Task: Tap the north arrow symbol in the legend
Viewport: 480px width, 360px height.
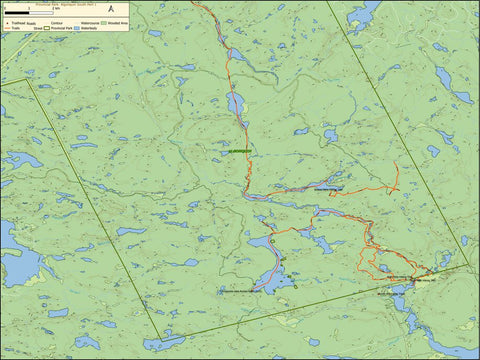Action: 111,12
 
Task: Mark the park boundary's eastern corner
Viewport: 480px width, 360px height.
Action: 467,265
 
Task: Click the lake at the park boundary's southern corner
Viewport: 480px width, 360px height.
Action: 160,343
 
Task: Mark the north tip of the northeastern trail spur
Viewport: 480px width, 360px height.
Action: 396,163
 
